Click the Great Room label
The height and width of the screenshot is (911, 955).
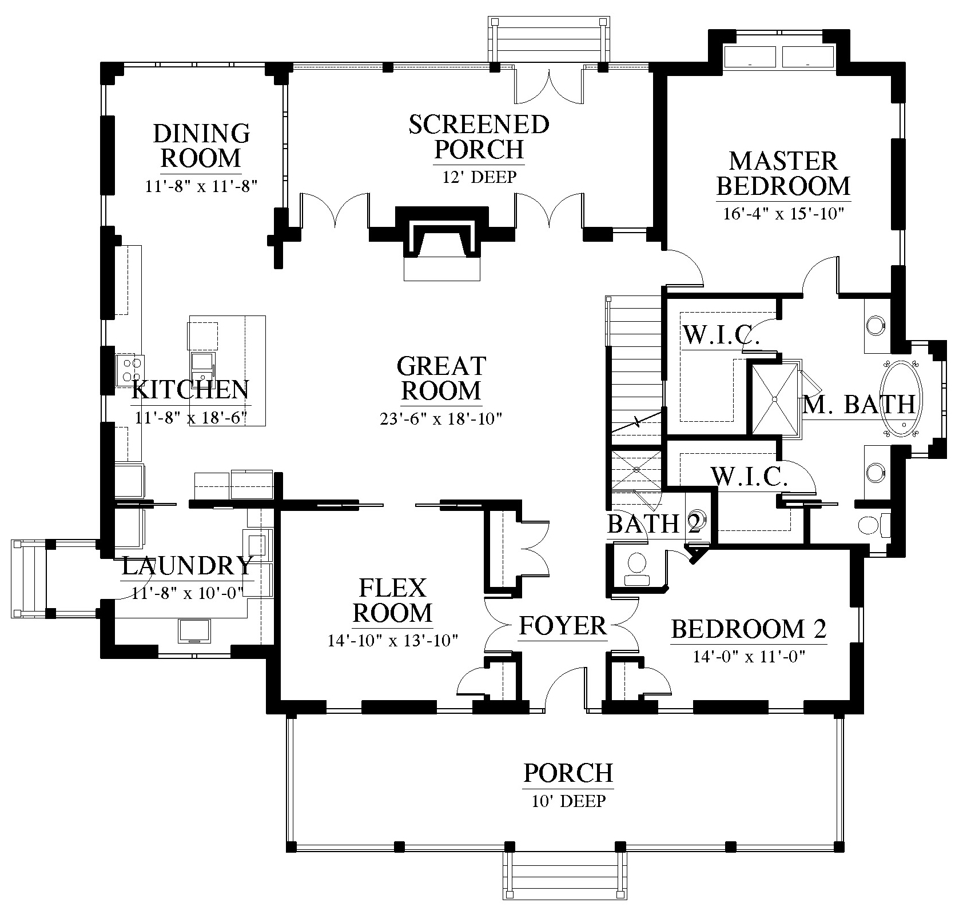click(441, 378)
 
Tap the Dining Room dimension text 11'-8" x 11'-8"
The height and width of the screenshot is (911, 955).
click(201, 187)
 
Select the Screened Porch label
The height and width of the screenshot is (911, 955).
click(479, 137)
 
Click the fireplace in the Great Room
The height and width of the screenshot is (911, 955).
click(441, 237)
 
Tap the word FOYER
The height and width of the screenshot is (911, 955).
click(563, 626)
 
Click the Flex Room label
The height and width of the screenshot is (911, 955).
click(392, 601)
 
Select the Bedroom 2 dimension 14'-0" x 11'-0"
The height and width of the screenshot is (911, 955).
click(749, 657)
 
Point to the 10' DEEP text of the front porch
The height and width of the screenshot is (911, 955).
click(568, 801)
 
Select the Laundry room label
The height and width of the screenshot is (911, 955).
click(187, 566)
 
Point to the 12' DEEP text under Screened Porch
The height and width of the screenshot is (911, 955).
click(479, 177)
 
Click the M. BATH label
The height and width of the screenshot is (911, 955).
click(859, 405)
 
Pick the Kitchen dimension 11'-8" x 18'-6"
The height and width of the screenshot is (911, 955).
click(190, 418)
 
